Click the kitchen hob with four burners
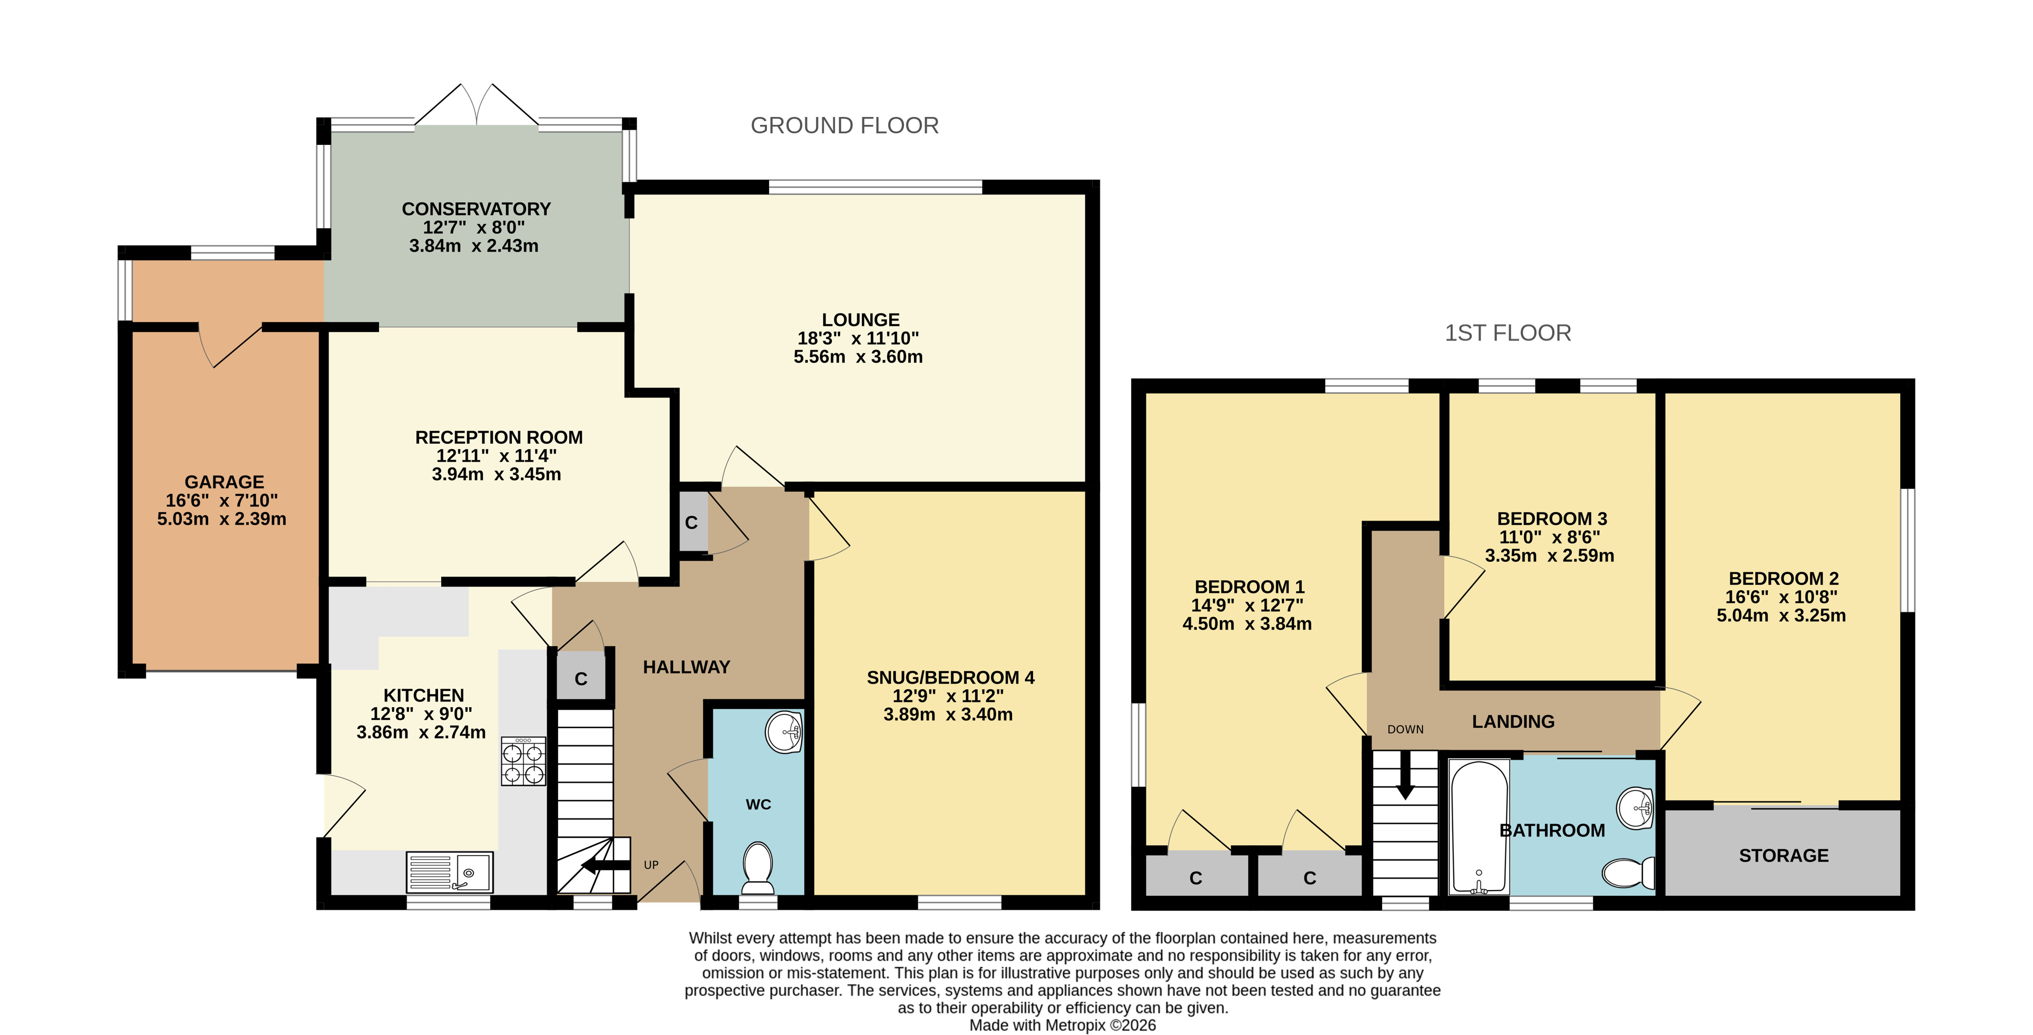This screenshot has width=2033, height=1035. tap(523, 761)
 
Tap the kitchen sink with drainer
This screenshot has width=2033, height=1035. tap(450, 872)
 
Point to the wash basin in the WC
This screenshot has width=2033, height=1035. tap(784, 732)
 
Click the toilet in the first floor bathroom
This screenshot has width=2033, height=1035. tap(1629, 873)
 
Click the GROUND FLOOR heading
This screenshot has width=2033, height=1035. tap(844, 125)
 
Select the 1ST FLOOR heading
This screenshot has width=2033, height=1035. tap(1507, 333)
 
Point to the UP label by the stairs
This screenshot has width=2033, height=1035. tap(651, 865)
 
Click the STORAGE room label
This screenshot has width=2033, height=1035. tap(1784, 855)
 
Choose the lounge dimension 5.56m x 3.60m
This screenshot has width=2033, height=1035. tap(858, 357)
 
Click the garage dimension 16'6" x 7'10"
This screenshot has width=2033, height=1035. tap(222, 500)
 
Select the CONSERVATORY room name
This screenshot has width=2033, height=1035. tap(476, 209)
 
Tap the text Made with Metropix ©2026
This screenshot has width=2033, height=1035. tap(1062, 1026)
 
